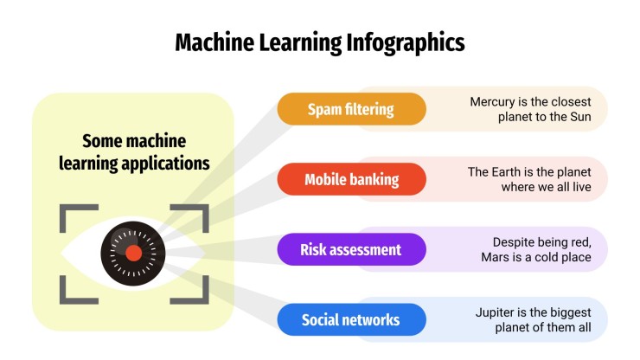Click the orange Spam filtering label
351,109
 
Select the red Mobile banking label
351,180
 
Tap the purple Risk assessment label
351,250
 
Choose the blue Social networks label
351,320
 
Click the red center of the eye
133,254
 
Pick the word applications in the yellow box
165,162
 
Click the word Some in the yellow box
102,140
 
